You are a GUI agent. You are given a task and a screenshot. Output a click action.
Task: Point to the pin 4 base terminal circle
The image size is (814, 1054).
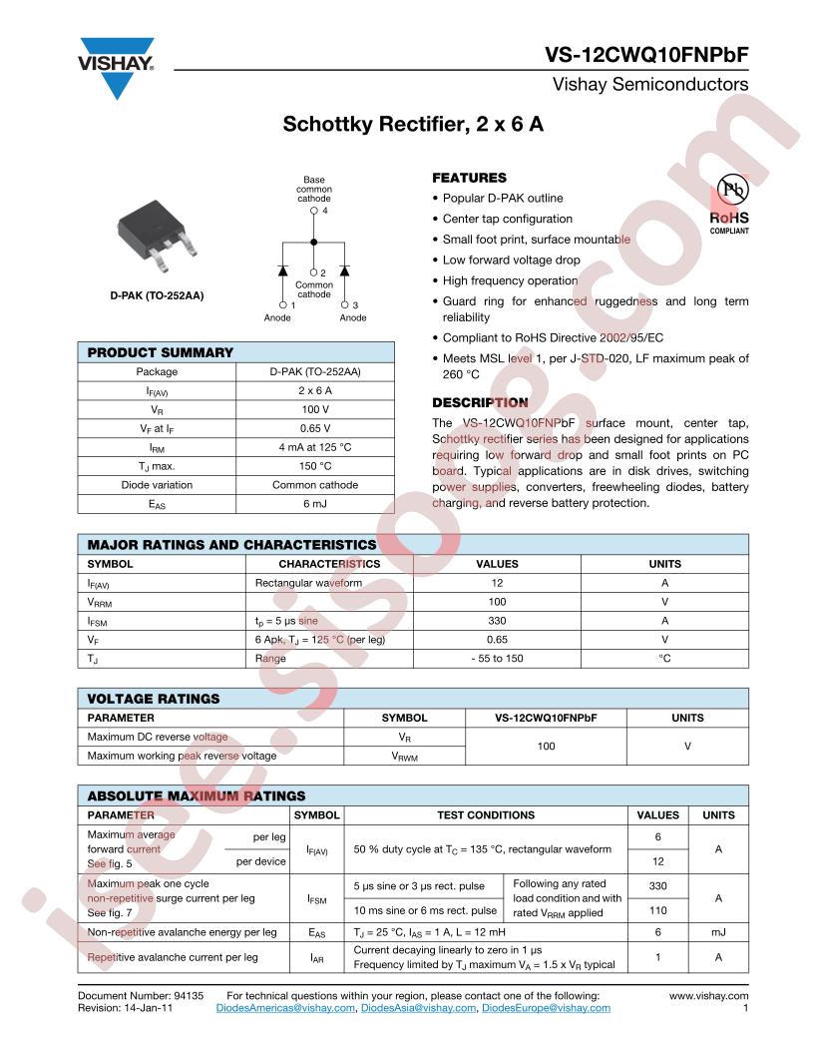click(x=314, y=212)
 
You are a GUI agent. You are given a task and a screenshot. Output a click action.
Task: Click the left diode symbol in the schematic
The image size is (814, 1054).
click(x=282, y=270)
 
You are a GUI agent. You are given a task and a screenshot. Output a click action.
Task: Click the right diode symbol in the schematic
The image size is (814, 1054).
click(x=345, y=270)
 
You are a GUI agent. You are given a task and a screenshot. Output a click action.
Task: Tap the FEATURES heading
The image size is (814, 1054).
click(x=469, y=178)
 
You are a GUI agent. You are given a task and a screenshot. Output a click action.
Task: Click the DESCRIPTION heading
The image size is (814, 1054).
click(x=480, y=403)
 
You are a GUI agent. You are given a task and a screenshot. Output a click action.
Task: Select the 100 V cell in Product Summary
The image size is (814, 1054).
click(x=315, y=409)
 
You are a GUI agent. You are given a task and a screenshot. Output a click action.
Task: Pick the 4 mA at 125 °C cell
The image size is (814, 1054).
click(x=315, y=447)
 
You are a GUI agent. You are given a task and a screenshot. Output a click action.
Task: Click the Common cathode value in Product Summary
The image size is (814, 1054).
click(x=315, y=485)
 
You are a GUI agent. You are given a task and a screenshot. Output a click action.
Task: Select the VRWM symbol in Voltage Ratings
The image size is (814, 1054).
click(x=404, y=756)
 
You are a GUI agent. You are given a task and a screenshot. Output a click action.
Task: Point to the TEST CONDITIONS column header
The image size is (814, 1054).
click(x=486, y=815)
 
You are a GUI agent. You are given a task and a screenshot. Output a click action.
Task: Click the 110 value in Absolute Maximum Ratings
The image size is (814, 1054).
click(x=657, y=910)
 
